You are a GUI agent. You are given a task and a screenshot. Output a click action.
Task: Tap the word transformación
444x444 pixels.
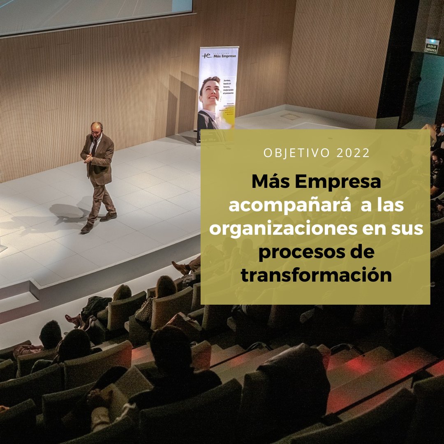pos(316,275)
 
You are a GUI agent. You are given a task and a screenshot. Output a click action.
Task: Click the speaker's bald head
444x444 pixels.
pos(97,127)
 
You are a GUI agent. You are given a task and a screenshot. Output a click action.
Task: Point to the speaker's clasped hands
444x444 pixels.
pos(88,157)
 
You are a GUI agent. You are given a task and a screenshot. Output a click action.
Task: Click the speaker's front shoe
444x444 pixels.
pos(87,228)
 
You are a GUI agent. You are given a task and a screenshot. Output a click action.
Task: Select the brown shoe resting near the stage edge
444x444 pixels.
pos(181,268)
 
